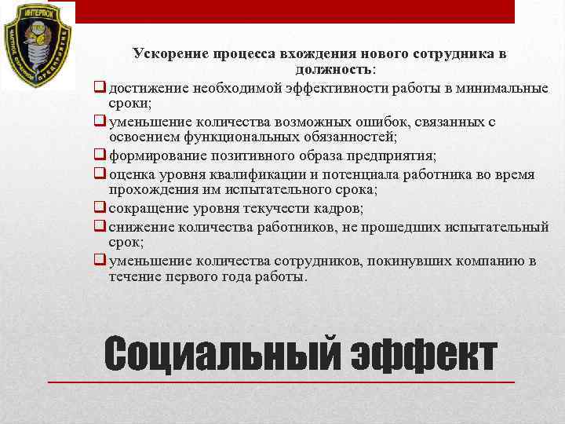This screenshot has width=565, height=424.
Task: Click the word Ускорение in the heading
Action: [168, 53]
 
